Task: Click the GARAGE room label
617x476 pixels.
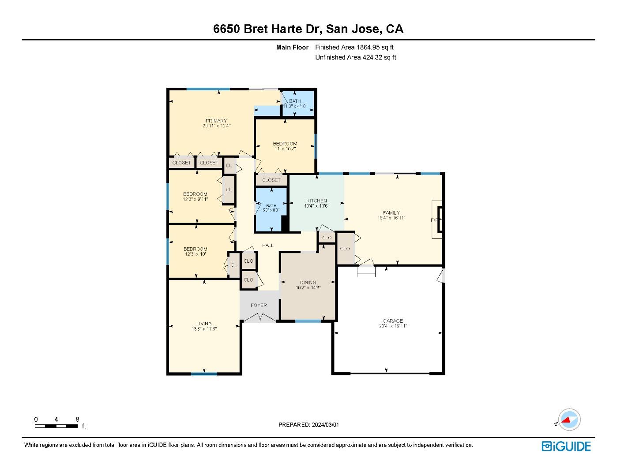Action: point(393,321)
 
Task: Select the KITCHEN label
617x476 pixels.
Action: point(317,201)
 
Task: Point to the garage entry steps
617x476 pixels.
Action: point(366,271)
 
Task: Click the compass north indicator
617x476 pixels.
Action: point(569,420)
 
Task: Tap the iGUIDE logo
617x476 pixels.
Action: point(566,446)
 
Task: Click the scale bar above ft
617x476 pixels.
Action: point(56,426)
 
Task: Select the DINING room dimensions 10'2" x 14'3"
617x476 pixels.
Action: point(308,288)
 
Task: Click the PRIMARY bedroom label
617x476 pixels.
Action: point(216,121)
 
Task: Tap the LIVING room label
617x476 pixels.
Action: point(204,324)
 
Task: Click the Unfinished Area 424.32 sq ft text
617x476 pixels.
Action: point(356,57)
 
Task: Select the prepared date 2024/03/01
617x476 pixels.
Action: point(326,425)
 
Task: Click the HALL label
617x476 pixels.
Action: point(268,245)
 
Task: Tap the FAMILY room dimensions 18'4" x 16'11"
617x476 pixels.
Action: point(391,218)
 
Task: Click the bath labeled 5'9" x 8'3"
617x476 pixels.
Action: point(271,208)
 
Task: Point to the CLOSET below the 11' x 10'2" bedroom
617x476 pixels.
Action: point(271,180)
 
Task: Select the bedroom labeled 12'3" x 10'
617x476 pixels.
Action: point(196,252)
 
